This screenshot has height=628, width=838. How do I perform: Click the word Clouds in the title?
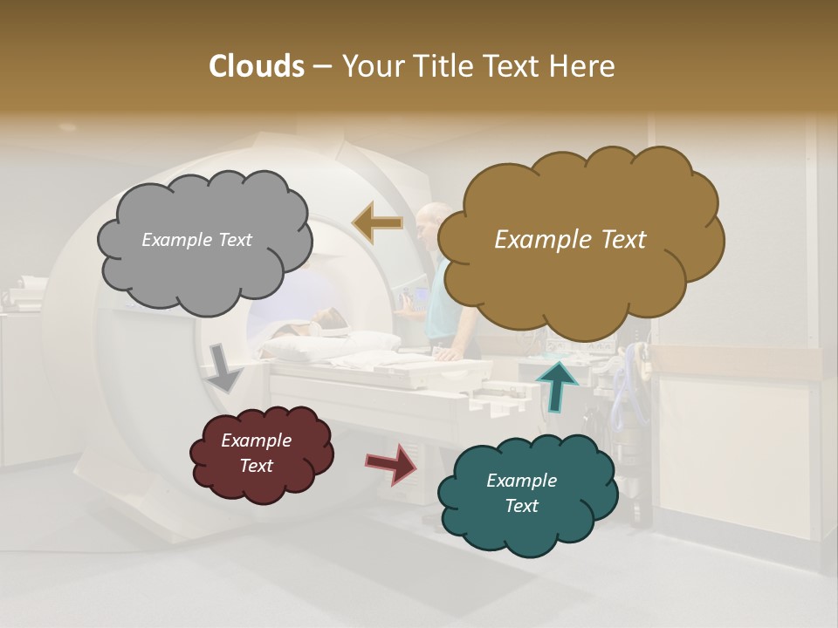click(x=257, y=66)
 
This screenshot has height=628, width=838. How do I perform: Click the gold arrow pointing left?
click(x=377, y=222)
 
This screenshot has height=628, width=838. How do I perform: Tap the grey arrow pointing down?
click(x=223, y=367)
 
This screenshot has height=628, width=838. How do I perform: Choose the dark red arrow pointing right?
click(x=392, y=463)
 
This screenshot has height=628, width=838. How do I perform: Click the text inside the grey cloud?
click(x=196, y=240)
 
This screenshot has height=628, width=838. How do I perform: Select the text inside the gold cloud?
click(x=570, y=240)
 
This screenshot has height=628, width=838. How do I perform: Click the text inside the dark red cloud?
click(x=256, y=454)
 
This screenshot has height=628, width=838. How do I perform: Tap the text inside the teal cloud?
click(x=521, y=493)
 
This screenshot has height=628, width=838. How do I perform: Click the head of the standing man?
click(x=428, y=220)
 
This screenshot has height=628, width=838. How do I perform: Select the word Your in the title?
click(x=370, y=66)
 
